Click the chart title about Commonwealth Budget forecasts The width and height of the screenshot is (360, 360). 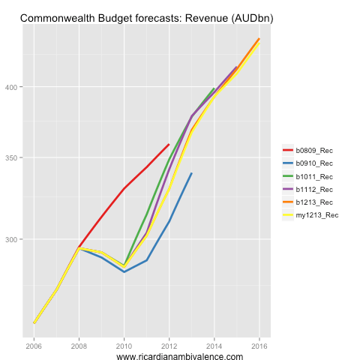pos(146,16)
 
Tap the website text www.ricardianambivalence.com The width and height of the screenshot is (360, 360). pos(180,357)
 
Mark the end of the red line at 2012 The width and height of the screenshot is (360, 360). pos(169,144)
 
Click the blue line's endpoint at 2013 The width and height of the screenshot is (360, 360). pos(191,173)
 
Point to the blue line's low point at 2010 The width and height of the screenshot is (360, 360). pos(124,271)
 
